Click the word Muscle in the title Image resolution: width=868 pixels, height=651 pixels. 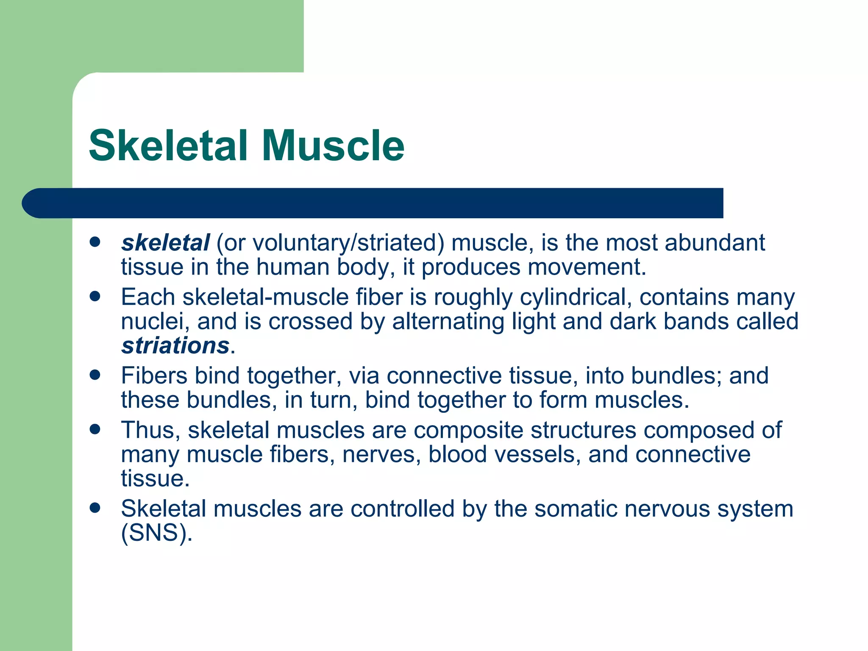click(333, 146)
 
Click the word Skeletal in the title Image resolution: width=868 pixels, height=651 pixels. click(168, 146)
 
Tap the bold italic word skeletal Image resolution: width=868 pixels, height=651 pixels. click(165, 243)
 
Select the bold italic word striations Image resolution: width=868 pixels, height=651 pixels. click(175, 345)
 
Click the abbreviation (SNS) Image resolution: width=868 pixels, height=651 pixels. click(156, 533)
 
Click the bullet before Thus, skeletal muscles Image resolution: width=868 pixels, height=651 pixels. click(95, 429)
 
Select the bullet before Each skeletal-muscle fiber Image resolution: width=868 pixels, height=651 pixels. click(95, 296)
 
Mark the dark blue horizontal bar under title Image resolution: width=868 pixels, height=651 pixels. click(373, 203)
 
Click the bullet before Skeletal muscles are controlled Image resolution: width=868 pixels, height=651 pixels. click(95, 508)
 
